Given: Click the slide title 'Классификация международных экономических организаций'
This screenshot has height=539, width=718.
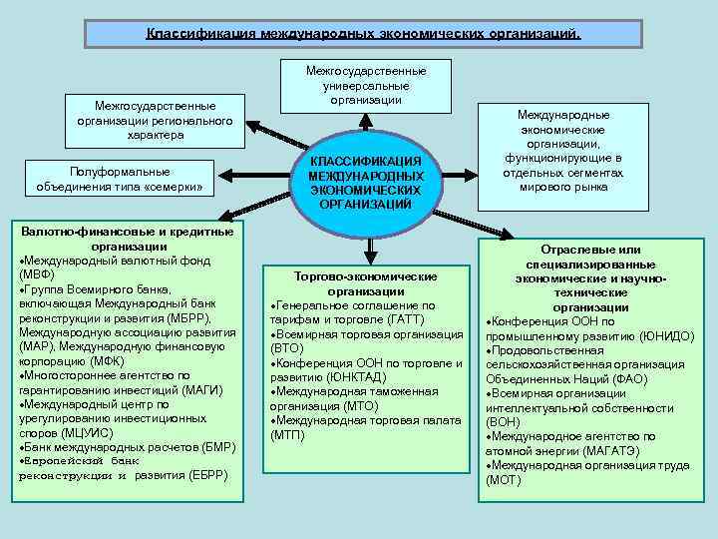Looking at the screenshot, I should click(363, 34).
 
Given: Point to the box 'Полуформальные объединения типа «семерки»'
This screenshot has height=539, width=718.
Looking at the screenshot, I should click(124, 179).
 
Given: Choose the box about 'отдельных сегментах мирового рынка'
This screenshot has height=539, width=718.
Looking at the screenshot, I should click(564, 151).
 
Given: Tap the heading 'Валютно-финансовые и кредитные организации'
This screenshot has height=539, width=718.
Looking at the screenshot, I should click(128, 239).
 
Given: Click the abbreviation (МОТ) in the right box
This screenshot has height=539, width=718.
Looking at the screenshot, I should click(503, 480).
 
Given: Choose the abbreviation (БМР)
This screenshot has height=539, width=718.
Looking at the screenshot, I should click(213, 447).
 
